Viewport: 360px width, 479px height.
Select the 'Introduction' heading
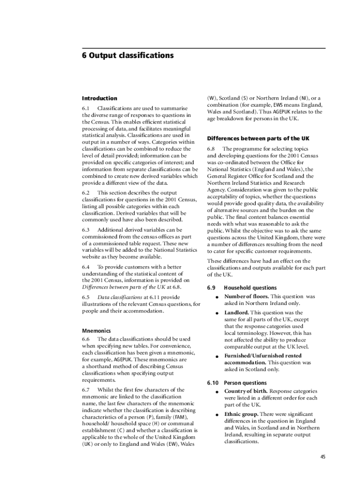(100, 98)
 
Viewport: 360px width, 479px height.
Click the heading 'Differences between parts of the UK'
(258, 138)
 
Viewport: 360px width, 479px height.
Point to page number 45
(323, 457)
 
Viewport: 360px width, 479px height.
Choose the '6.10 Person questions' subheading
(237, 383)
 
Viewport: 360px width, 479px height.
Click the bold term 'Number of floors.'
(246, 297)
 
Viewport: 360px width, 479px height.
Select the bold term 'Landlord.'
(237, 312)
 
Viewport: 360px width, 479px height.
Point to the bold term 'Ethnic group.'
(241, 414)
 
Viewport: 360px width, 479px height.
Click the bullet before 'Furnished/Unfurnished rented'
(217, 356)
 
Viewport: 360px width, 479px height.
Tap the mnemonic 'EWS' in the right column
(279, 105)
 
